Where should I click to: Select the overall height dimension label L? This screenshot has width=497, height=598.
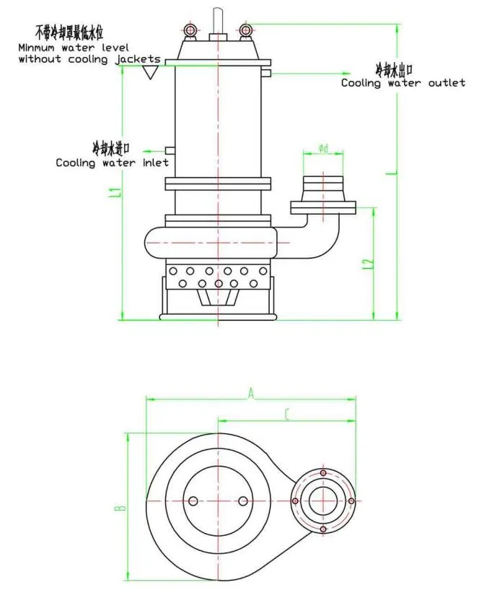(390, 173)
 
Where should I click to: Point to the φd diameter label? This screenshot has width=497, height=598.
(323, 149)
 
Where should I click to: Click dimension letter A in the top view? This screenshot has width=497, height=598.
(251, 393)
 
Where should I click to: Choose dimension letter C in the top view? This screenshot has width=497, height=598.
(287, 415)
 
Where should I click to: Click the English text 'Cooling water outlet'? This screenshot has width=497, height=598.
(403, 83)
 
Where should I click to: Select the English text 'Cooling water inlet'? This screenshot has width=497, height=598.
(112, 162)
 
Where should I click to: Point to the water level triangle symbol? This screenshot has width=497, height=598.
(150, 72)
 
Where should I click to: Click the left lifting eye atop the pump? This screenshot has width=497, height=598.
(190, 30)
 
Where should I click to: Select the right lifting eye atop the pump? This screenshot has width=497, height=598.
(246, 30)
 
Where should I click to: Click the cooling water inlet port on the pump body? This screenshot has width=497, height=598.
(170, 149)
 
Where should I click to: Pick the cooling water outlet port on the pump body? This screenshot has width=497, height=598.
(266, 73)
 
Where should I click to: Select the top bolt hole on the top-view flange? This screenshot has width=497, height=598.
(323, 473)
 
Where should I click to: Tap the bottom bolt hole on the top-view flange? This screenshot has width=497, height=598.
(323, 529)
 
